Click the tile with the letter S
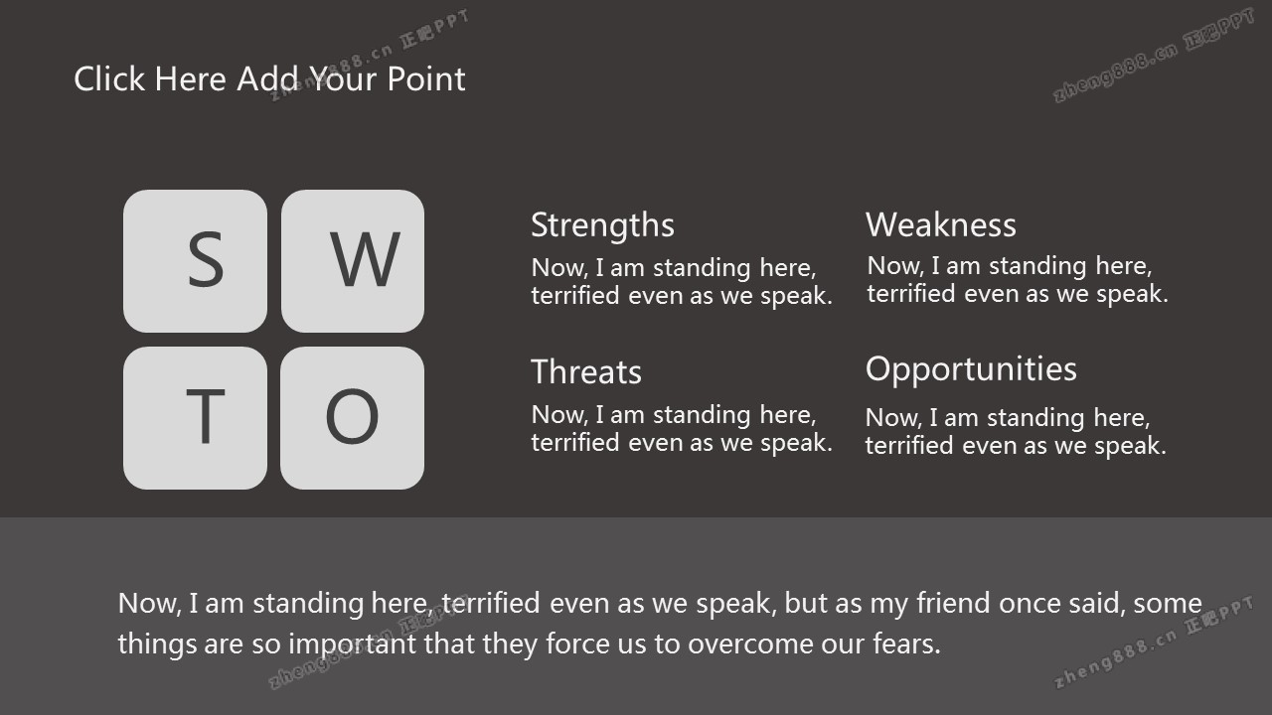coord(196,261)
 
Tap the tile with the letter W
coord(353,261)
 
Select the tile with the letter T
coord(196,418)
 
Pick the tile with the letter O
coord(353,418)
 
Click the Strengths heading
coord(602,226)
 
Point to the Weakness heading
coord(941,224)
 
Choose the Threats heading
coord(586,372)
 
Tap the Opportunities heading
coord(971,370)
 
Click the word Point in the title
coord(426,78)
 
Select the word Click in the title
coord(109,78)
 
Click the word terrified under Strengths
coord(575,296)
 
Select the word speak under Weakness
coord(1132,294)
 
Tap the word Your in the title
coord(344,78)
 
